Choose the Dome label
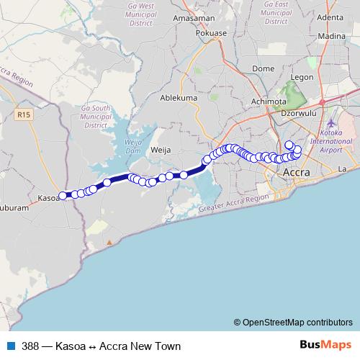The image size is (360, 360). point(263,69)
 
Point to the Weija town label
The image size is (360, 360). point(160,150)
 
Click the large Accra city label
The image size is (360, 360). point(297,174)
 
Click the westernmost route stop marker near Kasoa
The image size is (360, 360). point(63,195)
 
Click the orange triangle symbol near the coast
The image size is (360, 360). point(109,243)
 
